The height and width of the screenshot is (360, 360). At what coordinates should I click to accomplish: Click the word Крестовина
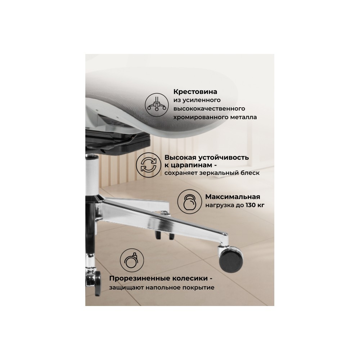point(195,92)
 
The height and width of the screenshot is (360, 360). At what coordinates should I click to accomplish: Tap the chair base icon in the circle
point(157,105)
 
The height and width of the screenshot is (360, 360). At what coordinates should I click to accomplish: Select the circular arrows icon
point(148,165)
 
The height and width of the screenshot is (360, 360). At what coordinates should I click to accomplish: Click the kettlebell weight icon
point(190,202)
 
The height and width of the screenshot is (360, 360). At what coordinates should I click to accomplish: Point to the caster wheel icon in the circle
point(132,260)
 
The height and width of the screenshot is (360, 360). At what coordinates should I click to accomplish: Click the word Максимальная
point(233,197)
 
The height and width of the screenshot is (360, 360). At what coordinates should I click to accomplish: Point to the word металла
point(245,117)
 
